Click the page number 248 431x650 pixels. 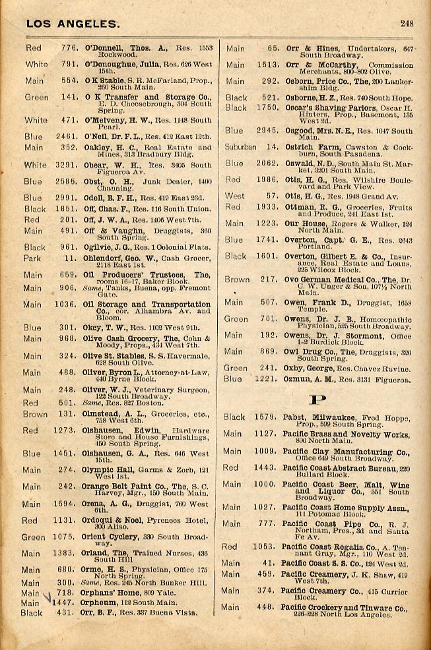point(407,24)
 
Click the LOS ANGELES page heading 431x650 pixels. point(73,24)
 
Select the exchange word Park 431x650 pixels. point(33,259)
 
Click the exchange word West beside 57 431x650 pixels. point(234,196)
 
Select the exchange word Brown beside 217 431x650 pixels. point(237,280)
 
